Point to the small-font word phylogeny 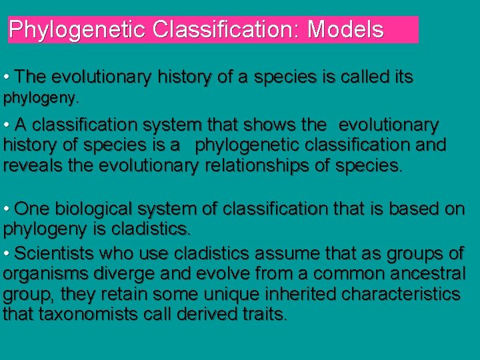click(x=41, y=99)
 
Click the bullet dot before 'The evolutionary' click(x=6, y=77)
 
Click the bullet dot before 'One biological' click(x=6, y=209)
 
